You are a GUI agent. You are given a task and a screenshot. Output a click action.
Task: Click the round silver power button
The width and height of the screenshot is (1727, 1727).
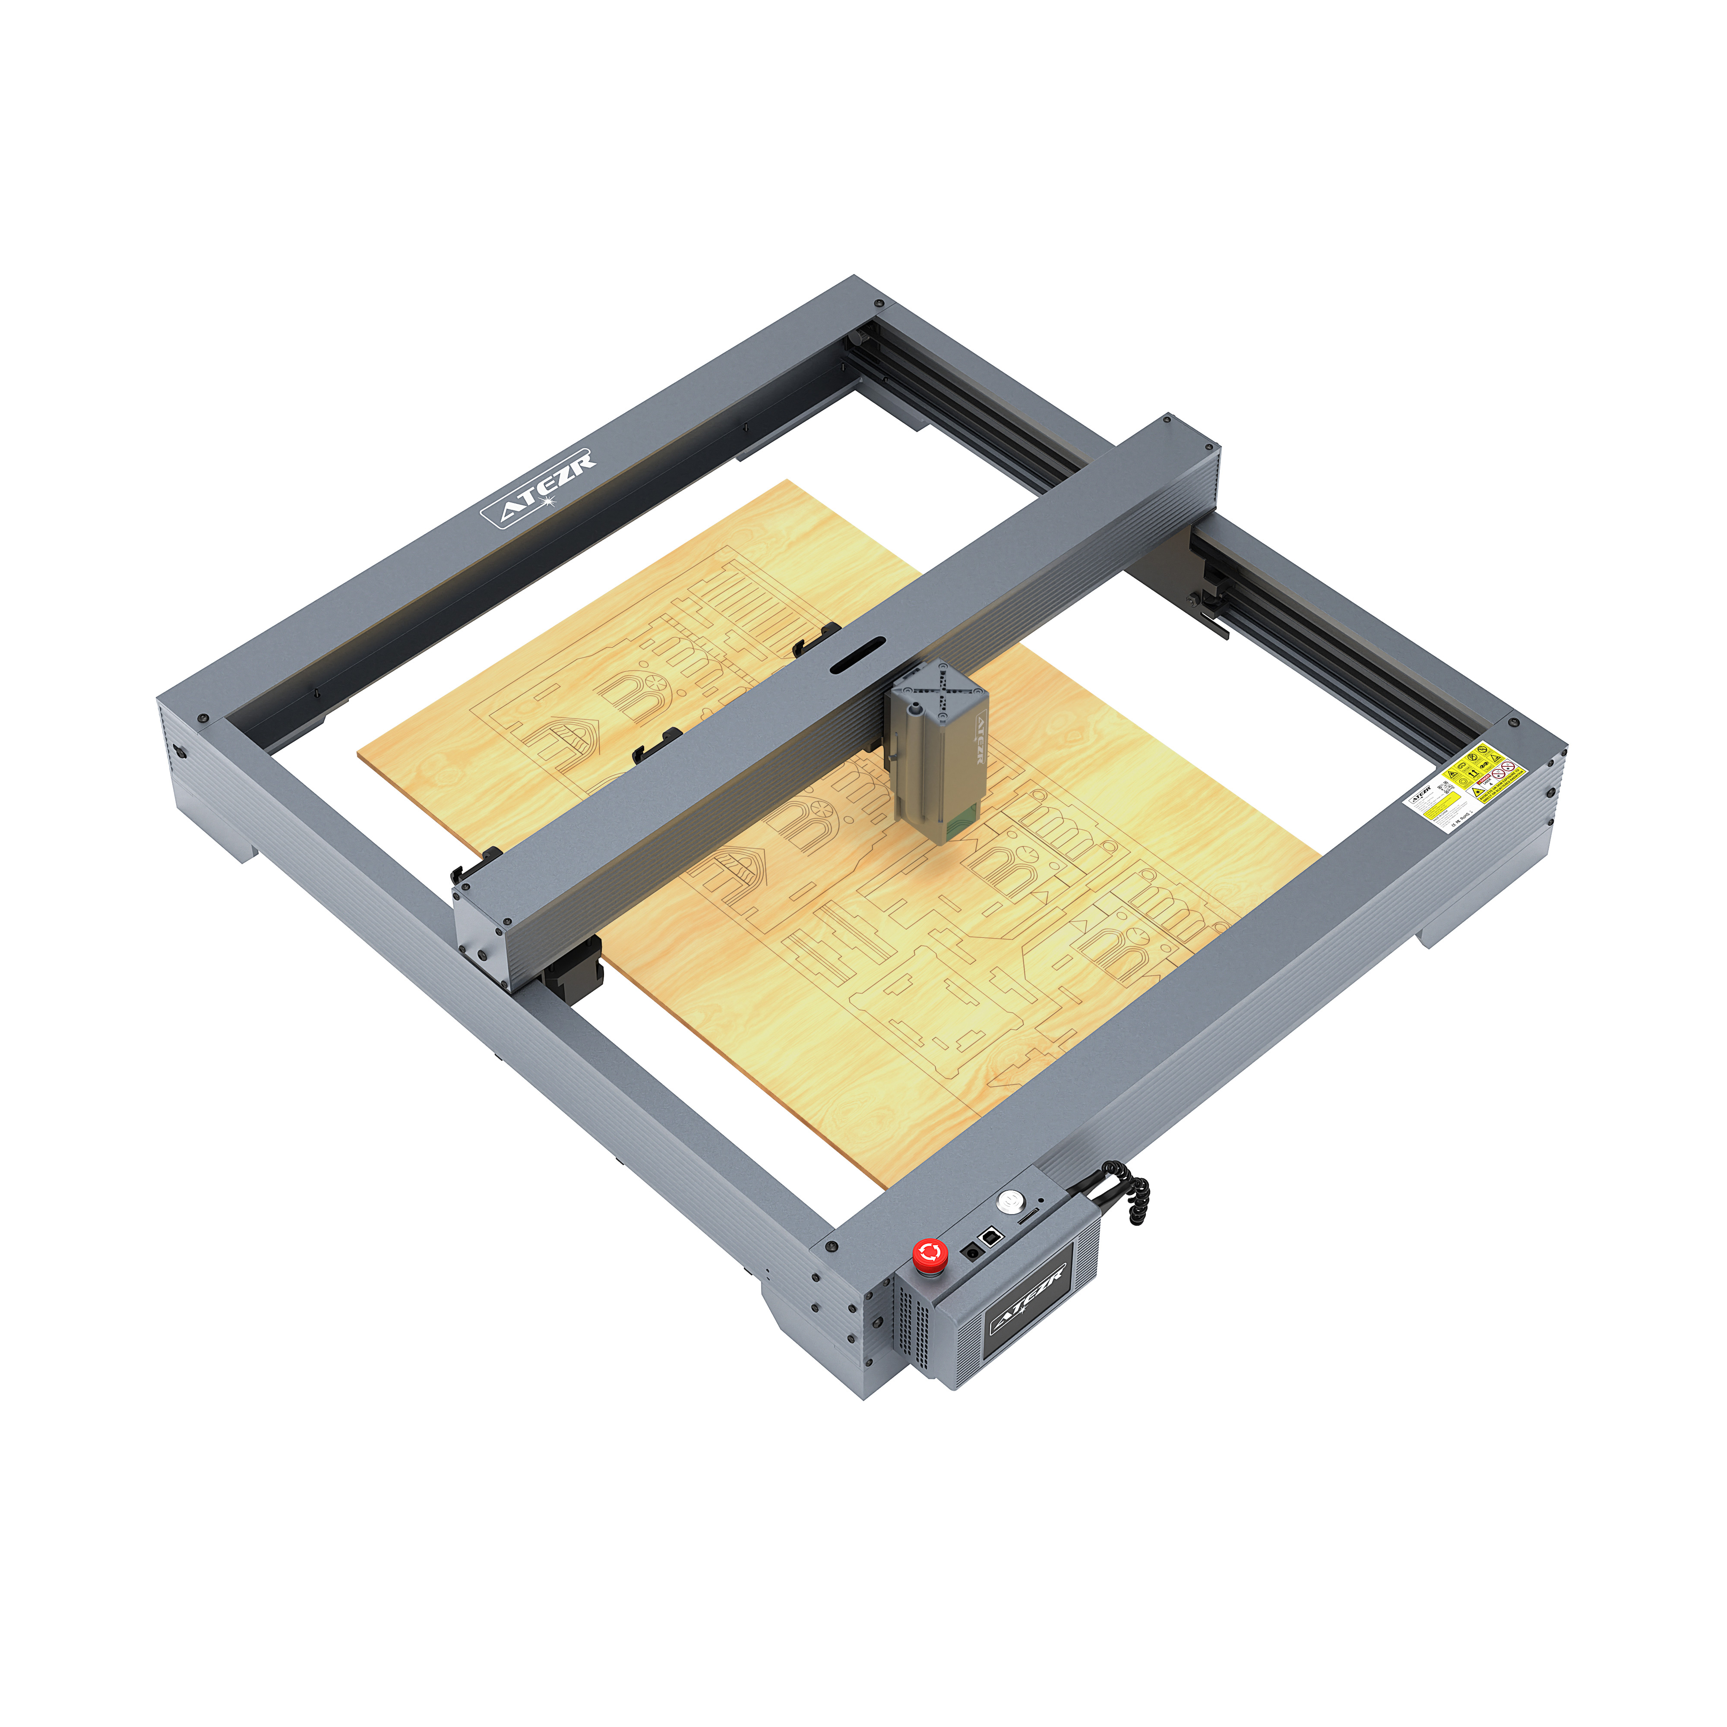(1011, 1202)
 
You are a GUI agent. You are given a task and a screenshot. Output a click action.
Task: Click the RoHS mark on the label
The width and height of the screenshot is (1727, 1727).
(1465, 817)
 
